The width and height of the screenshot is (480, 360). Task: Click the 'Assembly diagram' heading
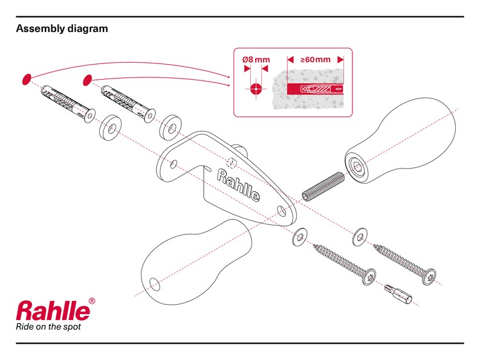pyautogui.click(x=62, y=29)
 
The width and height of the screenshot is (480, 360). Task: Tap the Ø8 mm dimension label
pyautogui.click(x=256, y=59)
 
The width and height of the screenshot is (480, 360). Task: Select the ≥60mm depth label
pyautogui.click(x=316, y=59)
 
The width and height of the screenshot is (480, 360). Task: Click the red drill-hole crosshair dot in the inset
pyautogui.click(x=256, y=89)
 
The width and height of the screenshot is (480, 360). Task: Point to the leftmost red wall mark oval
pyautogui.click(x=27, y=79)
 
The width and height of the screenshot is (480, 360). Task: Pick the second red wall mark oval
pyautogui.click(x=88, y=80)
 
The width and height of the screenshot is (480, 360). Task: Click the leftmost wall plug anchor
pyautogui.click(x=67, y=103)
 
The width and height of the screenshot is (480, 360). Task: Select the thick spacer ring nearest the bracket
pyautogui.click(x=170, y=127)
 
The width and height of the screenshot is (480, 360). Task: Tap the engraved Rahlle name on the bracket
pyautogui.click(x=238, y=185)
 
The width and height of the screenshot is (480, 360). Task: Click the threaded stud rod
pyautogui.click(x=323, y=187)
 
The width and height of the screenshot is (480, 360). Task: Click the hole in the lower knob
pyautogui.click(x=155, y=284)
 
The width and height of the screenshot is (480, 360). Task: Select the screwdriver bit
pyautogui.click(x=398, y=293)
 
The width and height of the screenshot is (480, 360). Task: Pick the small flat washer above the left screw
pyautogui.click(x=300, y=236)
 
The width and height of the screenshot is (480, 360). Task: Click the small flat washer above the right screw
pyautogui.click(x=360, y=237)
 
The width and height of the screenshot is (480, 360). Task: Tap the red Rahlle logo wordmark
pyautogui.click(x=53, y=310)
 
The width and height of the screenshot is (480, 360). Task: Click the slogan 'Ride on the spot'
pyautogui.click(x=48, y=327)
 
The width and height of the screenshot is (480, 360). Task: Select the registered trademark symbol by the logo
pyautogui.click(x=92, y=301)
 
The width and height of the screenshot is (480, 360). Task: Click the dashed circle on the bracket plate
pyautogui.click(x=232, y=163)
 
